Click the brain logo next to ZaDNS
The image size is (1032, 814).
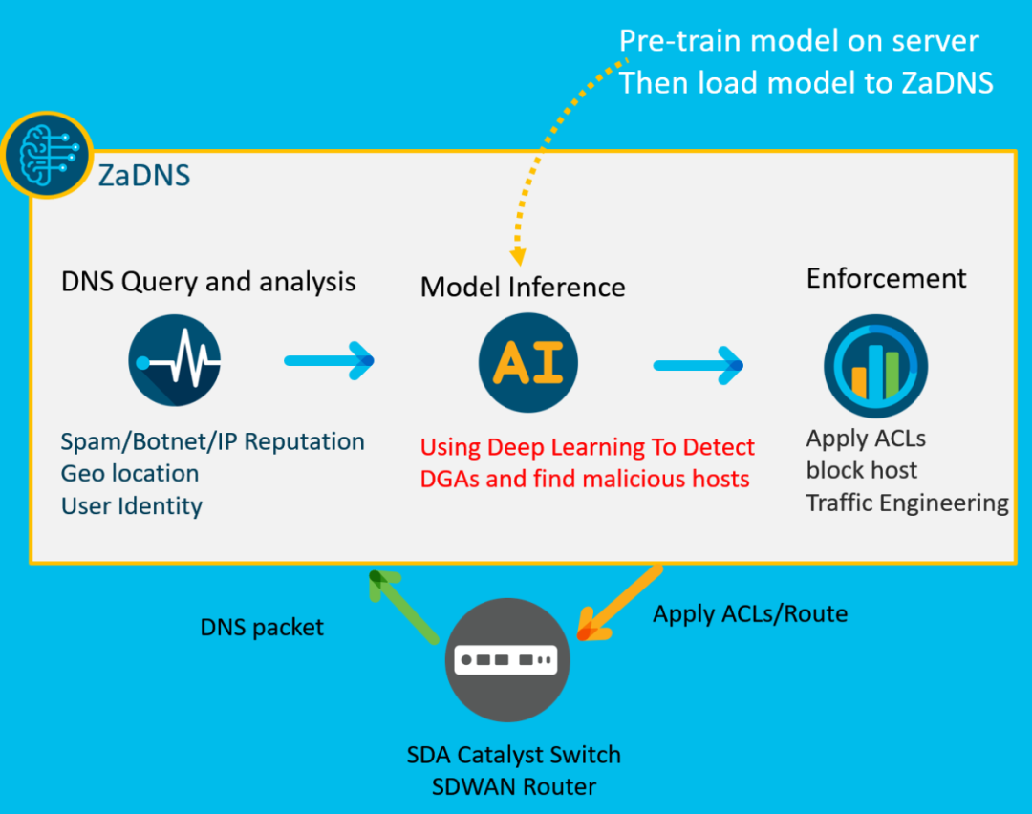click(x=47, y=155)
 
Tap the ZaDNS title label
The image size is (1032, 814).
click(x=144, y=176)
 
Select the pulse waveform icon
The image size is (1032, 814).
click(x=175, y=360)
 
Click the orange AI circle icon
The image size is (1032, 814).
click(x=528, y=363)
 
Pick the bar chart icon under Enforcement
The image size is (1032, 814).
click(x=875, y=366)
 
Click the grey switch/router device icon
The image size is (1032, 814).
click(x=507, y=659)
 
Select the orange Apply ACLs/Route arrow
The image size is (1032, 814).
click(x=618, y=602)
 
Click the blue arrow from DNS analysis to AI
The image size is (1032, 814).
click(x=329, y=360)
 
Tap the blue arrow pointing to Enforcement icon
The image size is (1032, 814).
click(x=699, y=365)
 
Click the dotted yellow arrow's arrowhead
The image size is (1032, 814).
click(x=518, y=256)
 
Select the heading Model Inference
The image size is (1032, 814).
click(x=523, y=287)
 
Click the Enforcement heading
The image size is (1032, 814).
click(x=887, y=278)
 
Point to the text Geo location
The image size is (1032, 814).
click(x=130, y=473)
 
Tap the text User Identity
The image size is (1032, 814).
click(x=132, y=506)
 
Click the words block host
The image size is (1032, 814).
click(x=862, y=470)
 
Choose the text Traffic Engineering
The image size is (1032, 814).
click(x=908, y=503)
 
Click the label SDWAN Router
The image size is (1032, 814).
click(x=514, y=786)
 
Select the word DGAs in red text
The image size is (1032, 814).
click(x=450, y=479)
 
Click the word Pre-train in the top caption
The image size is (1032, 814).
click(x=681, y=41)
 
